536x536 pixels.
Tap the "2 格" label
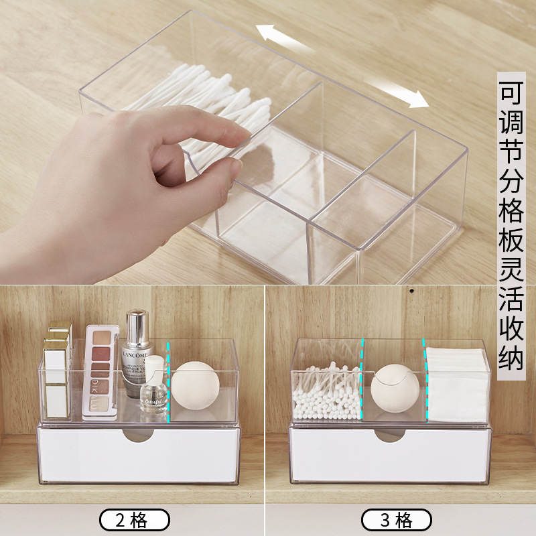[x=135, y=520]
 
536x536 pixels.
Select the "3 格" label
[x=397, y=520]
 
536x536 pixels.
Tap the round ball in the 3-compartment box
[x=395, y=387]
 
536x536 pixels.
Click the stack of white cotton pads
[x=457, y=385]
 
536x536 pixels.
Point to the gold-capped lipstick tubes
[x=59, y=365]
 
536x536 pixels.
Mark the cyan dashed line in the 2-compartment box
[x=169, y=382]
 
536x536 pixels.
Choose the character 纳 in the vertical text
[x=511, y=358]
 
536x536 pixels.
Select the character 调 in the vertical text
[x=511, y=125]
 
